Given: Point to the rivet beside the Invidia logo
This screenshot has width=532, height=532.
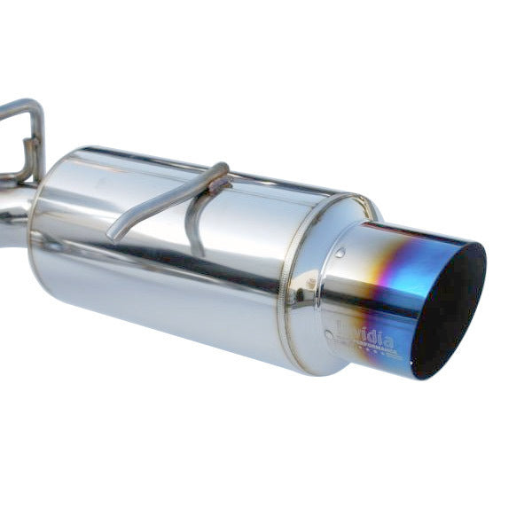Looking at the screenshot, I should click(329, 335).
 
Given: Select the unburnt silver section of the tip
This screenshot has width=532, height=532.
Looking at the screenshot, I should click(350, 293).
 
